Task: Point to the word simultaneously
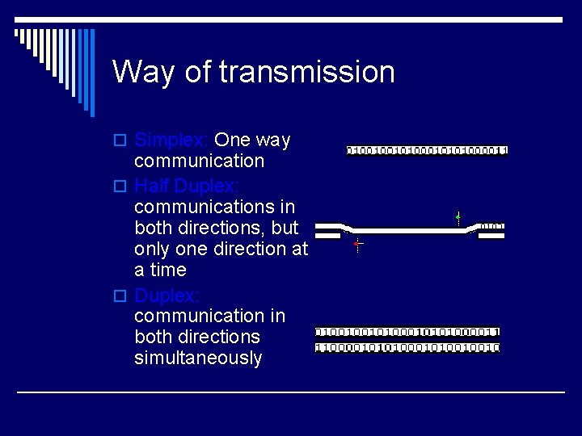198,358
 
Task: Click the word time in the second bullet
167,270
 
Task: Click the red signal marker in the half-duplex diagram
357,244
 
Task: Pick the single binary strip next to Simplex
427,150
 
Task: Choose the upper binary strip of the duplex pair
407,332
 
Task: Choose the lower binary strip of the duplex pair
407,347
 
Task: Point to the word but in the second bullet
284,227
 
